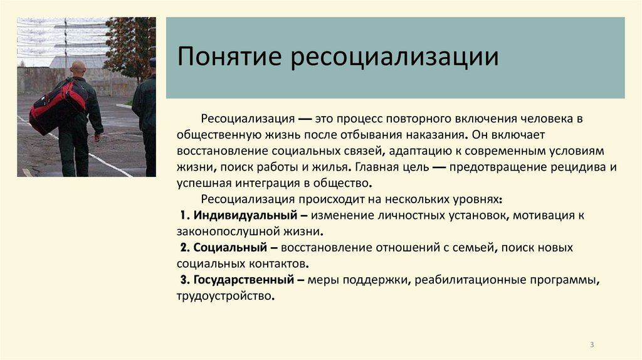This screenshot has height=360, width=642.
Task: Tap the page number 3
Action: point(592,345)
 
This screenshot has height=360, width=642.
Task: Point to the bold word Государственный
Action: point(244,280)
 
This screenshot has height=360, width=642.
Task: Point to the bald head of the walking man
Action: point(78,67)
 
